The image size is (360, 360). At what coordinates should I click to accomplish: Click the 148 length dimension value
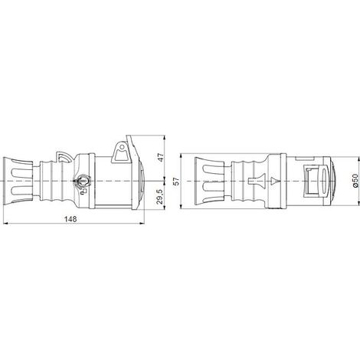coord(70,219)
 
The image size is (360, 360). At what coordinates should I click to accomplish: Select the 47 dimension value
coord(161,158)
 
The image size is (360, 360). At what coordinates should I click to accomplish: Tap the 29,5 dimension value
coord(160,197)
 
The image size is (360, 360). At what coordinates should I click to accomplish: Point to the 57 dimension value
coord(176,181)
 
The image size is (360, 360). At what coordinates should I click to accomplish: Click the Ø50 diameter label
coord(355,181)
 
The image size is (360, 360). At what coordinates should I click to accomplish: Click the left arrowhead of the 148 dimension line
coord(6,224)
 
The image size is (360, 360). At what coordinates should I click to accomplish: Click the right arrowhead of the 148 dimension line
coord(142,224)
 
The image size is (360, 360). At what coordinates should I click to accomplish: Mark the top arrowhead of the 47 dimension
coord(165,138)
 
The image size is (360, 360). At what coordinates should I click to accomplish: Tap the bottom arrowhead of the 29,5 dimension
coord(165,207)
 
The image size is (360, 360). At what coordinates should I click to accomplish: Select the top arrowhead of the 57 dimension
coord(181,156)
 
